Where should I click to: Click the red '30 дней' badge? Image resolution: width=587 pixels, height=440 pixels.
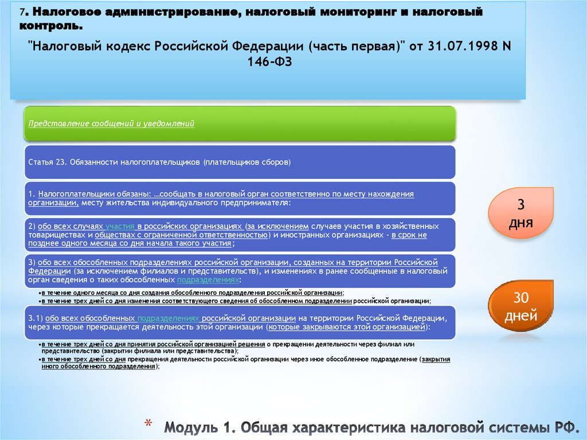[521, 306]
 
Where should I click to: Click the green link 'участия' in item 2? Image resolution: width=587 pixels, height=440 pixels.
[120, 226]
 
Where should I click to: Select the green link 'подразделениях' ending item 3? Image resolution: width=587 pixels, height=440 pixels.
[208, 280]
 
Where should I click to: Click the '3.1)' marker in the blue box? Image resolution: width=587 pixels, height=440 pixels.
[35, 318]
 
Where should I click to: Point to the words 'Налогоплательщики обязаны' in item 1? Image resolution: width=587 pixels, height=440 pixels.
[95, 194]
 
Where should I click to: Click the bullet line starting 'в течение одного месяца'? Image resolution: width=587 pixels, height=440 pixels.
[192, 293]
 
